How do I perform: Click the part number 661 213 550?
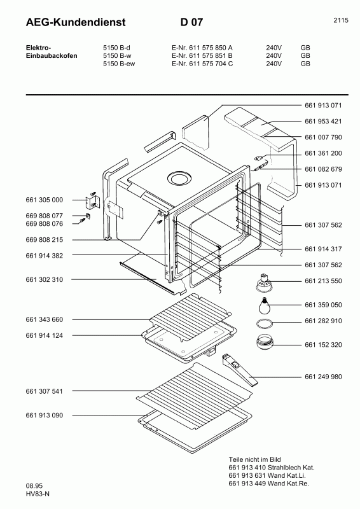pos(324,281)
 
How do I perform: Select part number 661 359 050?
pos(324,305)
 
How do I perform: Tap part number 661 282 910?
pos(324,321)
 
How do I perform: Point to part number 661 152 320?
pos(324,345)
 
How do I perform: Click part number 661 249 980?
pos(324,377)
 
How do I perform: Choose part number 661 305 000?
pos(45,200)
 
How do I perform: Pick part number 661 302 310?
pos(45,280)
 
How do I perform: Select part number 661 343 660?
pos(45,319)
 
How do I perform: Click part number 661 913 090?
pos(45,415)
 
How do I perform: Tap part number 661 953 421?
pos(324,121)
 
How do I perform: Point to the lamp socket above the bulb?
pos(261,281)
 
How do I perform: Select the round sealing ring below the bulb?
pos(263,323)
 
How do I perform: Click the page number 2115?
pos(340,20)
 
